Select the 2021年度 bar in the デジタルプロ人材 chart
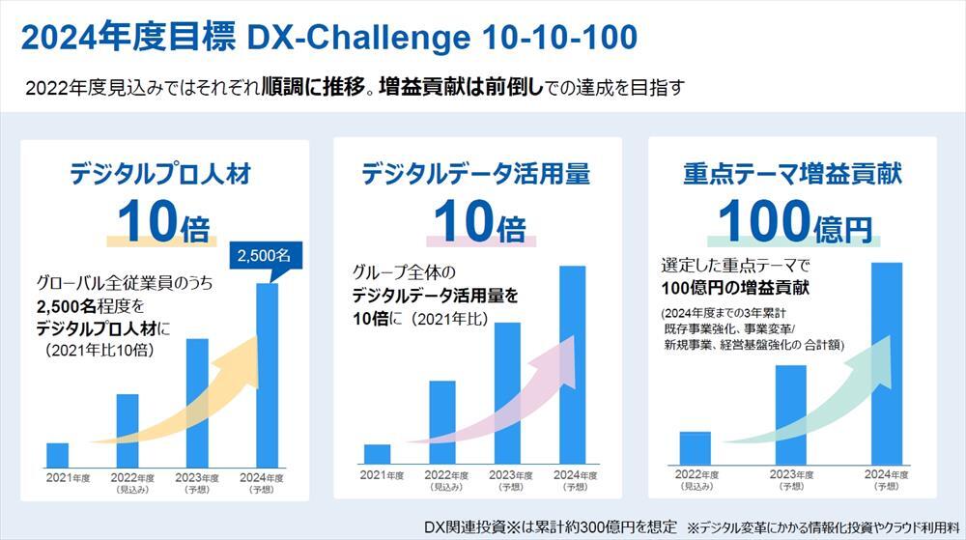tap(57, 455)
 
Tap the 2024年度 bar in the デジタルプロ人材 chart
tap(268, 377)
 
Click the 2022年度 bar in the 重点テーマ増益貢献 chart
tap(695, 447)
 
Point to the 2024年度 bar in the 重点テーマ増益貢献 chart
tap(887, 362)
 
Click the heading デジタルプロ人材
tap(160, 174)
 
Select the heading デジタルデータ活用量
tap(476, 174)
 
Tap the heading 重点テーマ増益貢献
tap(791, 174)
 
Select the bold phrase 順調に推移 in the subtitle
tap(316, 87)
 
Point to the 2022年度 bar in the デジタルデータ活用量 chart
tap(441, 423)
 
